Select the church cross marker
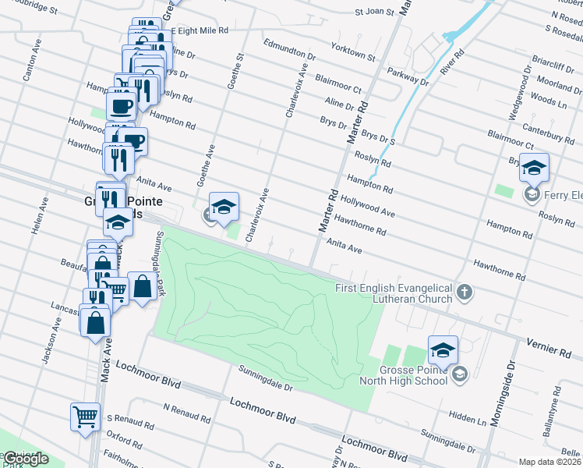(464, 292)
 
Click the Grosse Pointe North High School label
(404, 375)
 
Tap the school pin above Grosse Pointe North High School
(443, 349)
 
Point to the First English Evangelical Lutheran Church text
(394, 293)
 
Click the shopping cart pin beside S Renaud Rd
(84, 415)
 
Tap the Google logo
(25, 459)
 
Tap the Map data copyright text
(550, 462)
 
